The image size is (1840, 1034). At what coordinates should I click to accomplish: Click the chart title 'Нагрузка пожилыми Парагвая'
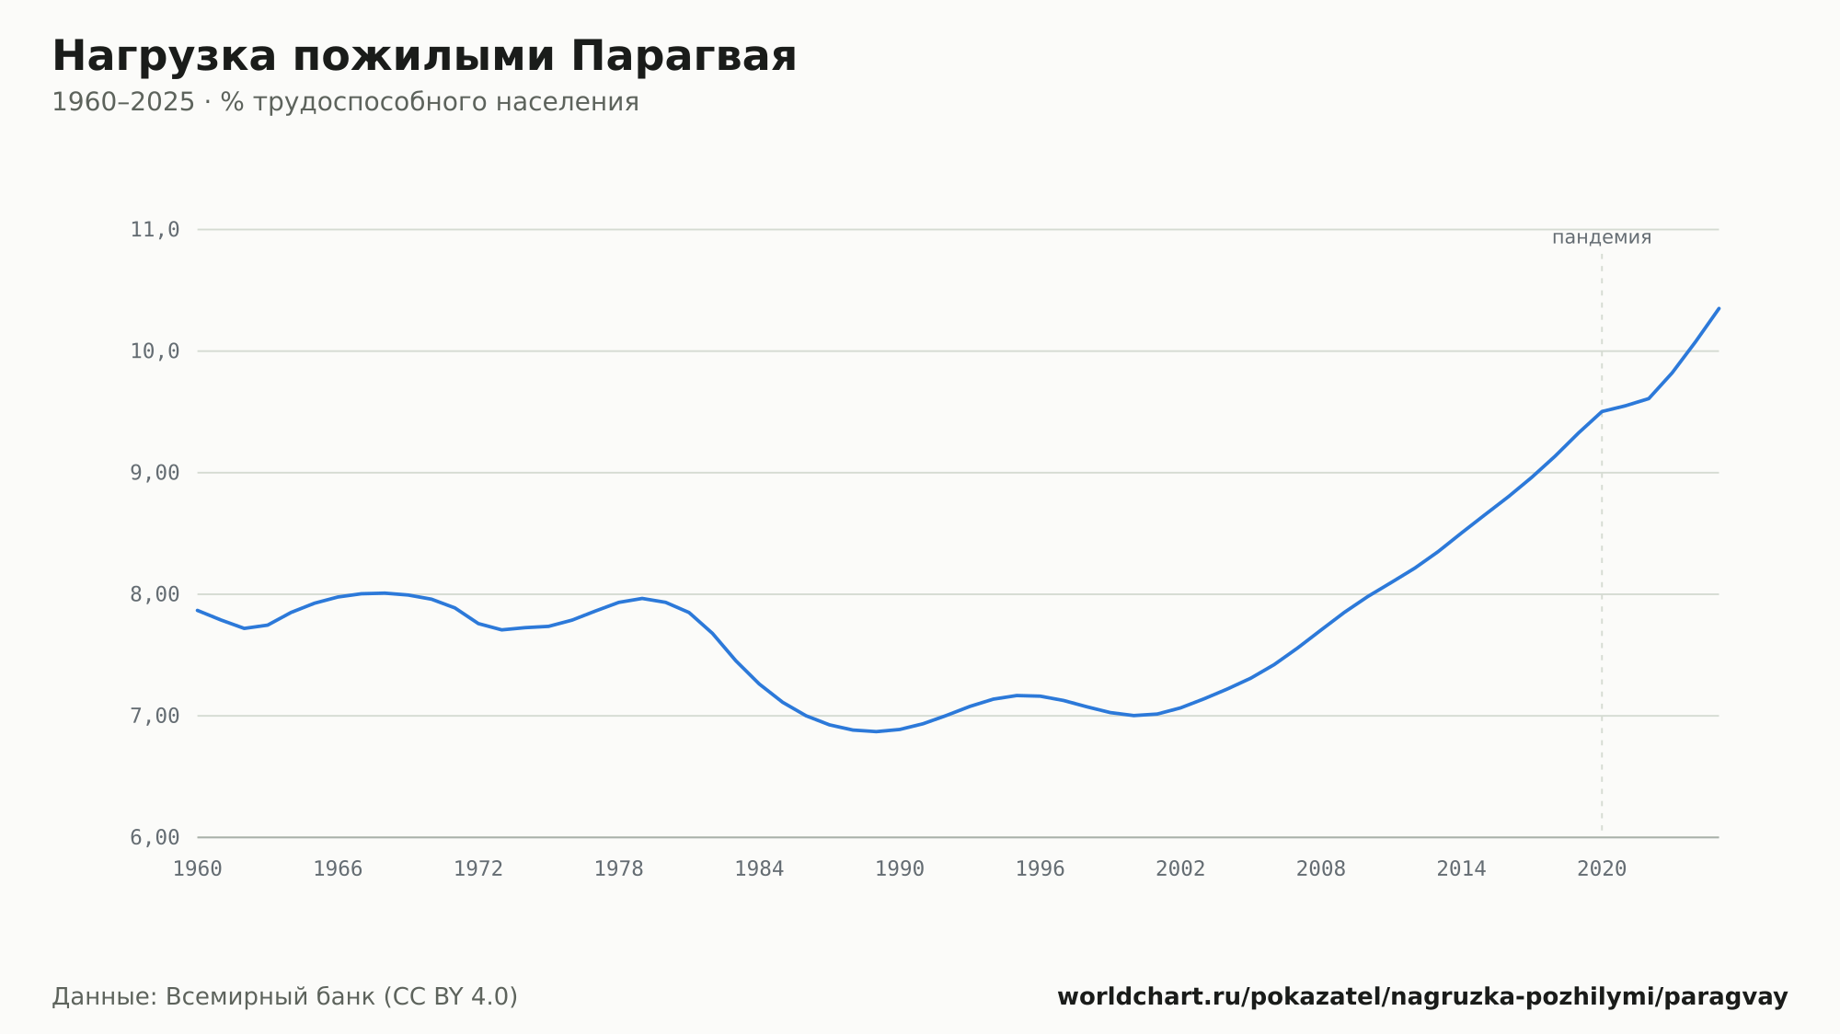click(x=424, y=57)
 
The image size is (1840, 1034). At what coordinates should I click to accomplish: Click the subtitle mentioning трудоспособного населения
click(x=345, y=102)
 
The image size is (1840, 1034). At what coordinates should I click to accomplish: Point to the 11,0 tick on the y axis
click(x=155, y=230)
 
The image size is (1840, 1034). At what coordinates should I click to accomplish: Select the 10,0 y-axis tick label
click(x=155, y=351)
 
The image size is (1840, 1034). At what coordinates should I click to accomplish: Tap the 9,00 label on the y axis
click(x=155, y=473)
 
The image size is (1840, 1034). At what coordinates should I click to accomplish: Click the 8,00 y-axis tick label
click(x=155, y=594)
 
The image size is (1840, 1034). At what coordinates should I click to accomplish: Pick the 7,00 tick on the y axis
click(x=155, y=716)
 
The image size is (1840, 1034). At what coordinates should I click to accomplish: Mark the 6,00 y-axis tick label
click(x=155, y=837)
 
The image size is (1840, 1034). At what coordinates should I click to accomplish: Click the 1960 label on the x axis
click(x=198, y=869)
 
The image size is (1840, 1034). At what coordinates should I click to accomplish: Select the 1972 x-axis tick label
click(x=478, y=869)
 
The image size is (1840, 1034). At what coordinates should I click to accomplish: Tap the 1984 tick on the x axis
click(x=759, y=869)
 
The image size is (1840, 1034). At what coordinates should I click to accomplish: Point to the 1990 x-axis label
click(x=900, y=869)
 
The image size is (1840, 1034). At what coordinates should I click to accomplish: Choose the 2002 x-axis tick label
click(x=1180, y=869)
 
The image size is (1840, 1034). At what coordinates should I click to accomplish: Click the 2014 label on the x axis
click(x=1461, y=869)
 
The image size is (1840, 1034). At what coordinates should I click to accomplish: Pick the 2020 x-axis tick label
click(x=1602, y=869)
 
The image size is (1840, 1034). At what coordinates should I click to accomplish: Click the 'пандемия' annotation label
click(x=1602, y=237)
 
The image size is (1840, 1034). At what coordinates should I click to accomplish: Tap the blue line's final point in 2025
click(x=1719, y=308)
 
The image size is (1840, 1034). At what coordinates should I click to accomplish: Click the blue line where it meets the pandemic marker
click(x=1602, y=411)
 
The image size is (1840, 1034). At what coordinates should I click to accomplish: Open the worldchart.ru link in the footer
click(x=1422, y=997)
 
